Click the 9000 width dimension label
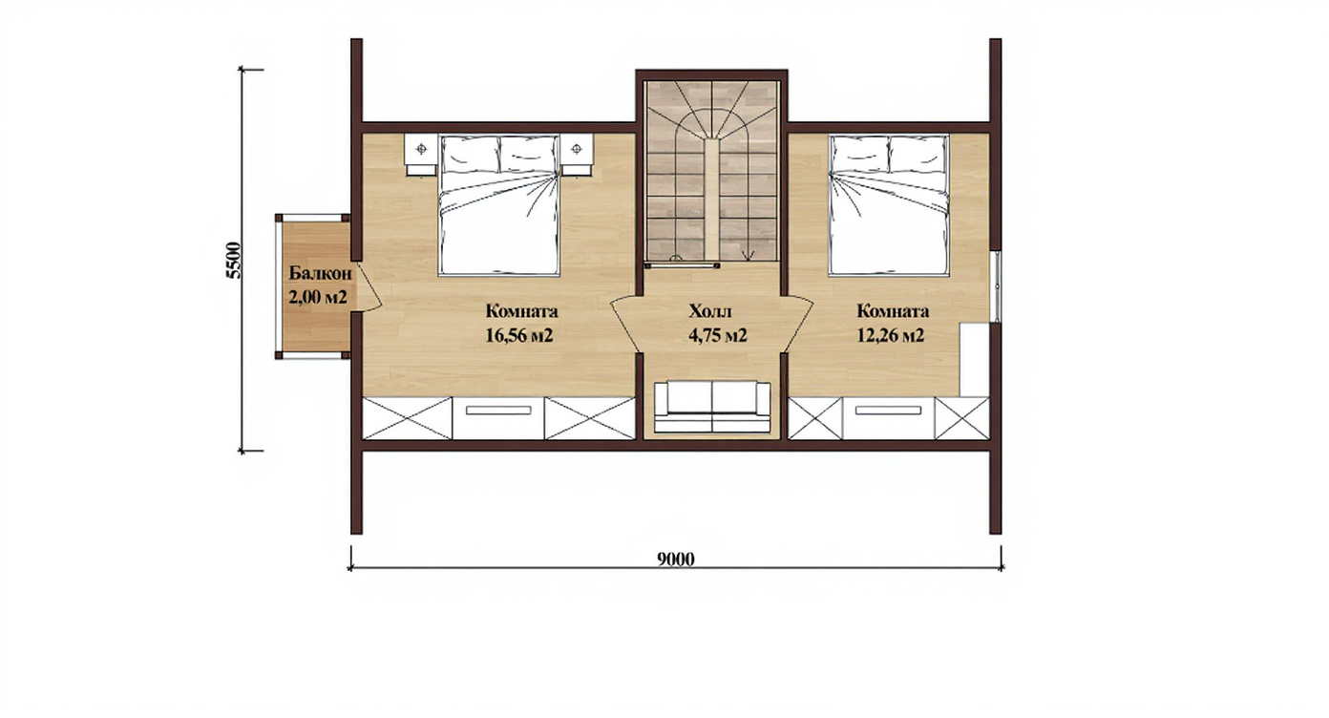pos(676,559)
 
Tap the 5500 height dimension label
pos(234,260)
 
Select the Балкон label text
pos(320,274)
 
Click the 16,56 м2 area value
pos(519,336)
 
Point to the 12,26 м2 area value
pos(890,336)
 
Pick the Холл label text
pos(710,311)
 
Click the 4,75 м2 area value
pos(717,336)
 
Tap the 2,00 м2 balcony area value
pos(317,297)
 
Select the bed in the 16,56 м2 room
pos(499,205)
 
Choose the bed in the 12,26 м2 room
pos(888,205)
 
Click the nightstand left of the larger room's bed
pos(421,155)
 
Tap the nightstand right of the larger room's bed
pos(578,155)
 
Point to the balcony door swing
pos(368,286)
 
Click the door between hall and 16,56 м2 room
pos(625,326)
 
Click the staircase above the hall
pos(711,171)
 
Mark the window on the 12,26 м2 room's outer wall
pos(998,286)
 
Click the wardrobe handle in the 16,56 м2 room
pos(498,410)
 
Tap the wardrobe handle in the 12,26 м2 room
pos(888,410)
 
